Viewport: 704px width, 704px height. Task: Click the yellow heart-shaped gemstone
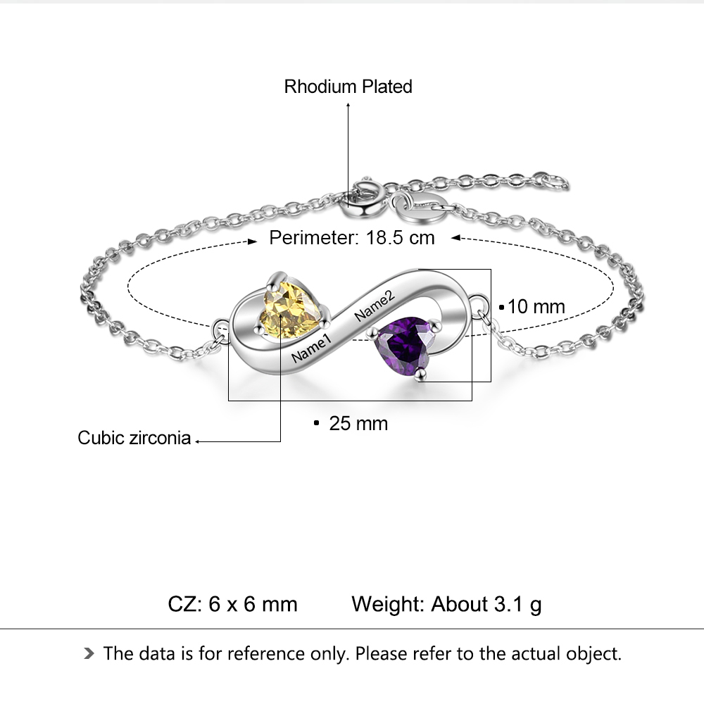290,310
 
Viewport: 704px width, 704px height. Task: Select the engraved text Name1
311,348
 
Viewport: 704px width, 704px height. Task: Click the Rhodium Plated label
348,87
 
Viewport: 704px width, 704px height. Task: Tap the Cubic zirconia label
134,438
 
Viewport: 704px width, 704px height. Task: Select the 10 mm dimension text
536,307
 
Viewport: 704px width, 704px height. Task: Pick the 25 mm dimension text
358,423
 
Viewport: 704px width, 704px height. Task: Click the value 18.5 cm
400,237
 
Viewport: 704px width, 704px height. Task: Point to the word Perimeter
314,237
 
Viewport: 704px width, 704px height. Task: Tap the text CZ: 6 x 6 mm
232,604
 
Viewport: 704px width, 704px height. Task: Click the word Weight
388,604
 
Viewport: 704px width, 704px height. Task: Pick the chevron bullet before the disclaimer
88,654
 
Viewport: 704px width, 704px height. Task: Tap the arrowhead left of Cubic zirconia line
198,441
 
